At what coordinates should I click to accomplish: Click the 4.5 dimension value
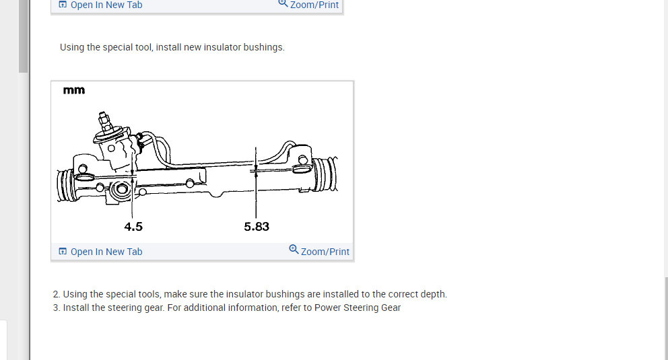click(x=133, y=227)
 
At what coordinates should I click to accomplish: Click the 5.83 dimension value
click(x=257, y=227)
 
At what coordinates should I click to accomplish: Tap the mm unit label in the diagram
click(x=74, y=90)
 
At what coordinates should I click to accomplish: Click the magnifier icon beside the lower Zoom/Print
click(x=294, y=250)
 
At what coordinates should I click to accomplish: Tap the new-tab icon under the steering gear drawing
click(x=63, y=252)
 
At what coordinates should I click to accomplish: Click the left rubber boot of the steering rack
click(x=65, y=186)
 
